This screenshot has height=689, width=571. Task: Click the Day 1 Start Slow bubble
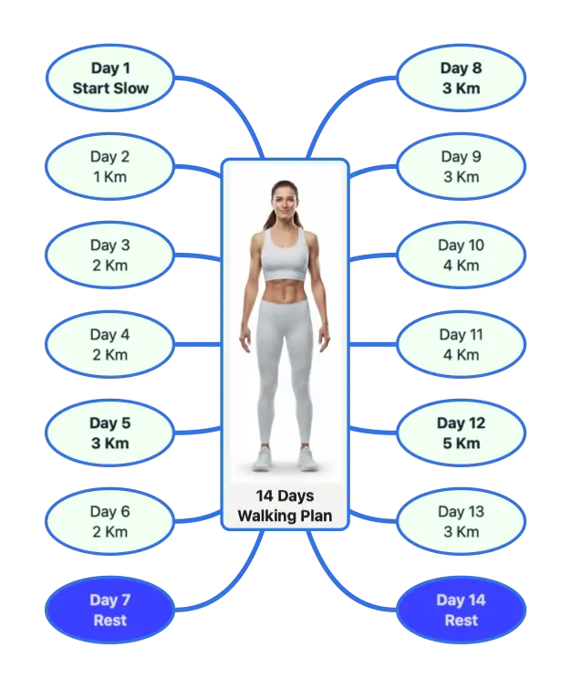[110, 78]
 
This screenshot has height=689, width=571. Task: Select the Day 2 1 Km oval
[110, 166]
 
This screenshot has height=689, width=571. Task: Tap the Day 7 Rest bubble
[110, 610]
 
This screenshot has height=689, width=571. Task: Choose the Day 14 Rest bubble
[462, 610]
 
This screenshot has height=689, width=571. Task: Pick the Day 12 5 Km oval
[462, 433]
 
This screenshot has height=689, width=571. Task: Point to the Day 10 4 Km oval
[462, 255]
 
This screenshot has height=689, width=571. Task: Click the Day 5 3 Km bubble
[110, 433]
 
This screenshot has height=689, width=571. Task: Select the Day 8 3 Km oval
[462, 78]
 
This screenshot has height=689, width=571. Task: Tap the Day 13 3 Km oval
[462, 522]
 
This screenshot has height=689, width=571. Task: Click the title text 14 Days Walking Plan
[285, 506]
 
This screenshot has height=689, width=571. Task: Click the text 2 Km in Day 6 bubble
[110, 532]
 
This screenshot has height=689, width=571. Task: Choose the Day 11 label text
[462, 334]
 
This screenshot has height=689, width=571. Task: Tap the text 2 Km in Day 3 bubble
[110, 266]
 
